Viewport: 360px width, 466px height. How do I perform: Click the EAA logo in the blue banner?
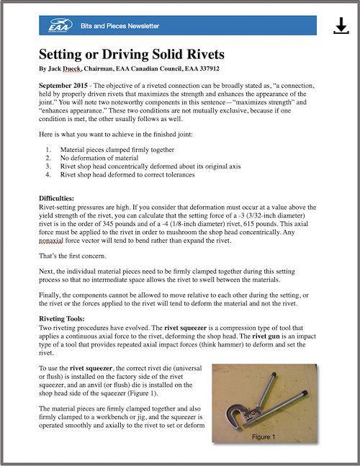pyautogui.click(x=60, y=25)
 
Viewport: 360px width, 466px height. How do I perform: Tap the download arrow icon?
pyautogui.click(x=341, y=25)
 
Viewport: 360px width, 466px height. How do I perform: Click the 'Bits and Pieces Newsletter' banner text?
pyautogui.click(x=120, y=26)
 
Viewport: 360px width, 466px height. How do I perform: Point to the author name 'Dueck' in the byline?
pyautogui.click(x=71, y=68)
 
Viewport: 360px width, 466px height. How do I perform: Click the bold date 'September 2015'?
pyautogui.click(x=63, y=86)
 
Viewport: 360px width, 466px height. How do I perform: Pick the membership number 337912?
pyautogui.click(x=210, y=68)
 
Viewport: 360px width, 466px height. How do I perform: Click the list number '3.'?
pyautogui.click(x=48, y=166)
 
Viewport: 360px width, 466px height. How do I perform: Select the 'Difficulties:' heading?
pyautogui.click(x=56, y=198)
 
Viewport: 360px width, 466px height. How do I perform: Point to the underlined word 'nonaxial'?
pyautogui.click(x=51, y=241)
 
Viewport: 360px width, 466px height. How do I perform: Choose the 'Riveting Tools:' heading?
pyautogui.click(x=62, y=319)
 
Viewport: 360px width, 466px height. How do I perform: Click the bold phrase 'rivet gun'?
pyautogui.click(x=266, y=336)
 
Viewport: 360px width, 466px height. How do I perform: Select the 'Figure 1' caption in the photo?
pyautogui.click(x=264, y=437)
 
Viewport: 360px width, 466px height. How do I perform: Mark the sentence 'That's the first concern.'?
pyautogui.click(x=73, y=256)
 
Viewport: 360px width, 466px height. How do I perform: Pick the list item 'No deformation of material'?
pyautogui.click(x=99, y=158)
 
